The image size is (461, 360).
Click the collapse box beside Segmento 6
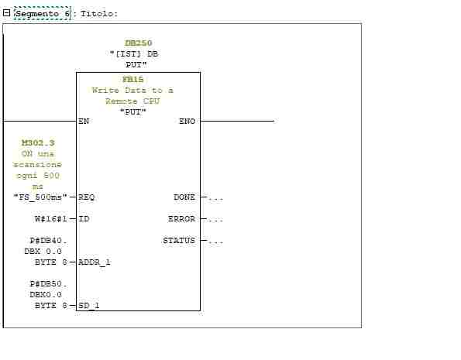(x=6, y=13)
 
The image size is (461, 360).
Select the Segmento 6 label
(x=43, y=14)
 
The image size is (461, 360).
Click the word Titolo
(x=99, y=14)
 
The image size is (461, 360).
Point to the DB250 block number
(x=139, y=43)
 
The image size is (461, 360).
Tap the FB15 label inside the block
(x=133, y=79)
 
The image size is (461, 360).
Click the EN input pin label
(x=84, y=121)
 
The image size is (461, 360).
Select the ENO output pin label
(x=187, y=121)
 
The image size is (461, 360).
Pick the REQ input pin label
(x=87, y=197)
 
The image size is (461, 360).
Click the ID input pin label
(x=84, y=219)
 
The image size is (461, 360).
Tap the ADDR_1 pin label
(x=94, y=262)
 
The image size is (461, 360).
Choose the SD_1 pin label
(x=89, y=306)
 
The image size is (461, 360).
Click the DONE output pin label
(x=184, y=197)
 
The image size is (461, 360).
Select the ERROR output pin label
(x=182, y=219)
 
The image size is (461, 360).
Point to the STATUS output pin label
(x=179, y=241)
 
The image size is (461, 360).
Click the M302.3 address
(x=38, y=142)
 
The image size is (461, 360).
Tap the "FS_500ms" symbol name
(x=40, y=197)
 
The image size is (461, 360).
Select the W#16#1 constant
(x=51, y=219)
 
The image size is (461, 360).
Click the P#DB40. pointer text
(x=49, y=241)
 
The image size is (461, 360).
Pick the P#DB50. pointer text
(x=49, y=284)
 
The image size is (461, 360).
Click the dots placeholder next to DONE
(x=216, y=199)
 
